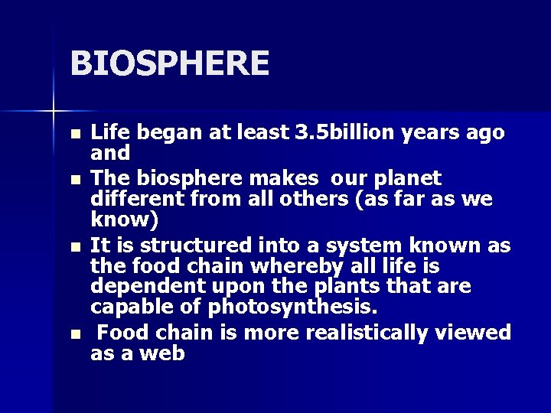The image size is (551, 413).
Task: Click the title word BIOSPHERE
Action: click(x=169, y=63)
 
